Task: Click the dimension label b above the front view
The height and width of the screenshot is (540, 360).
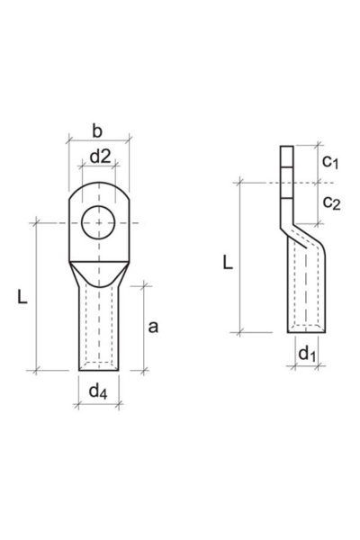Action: click(98, 131)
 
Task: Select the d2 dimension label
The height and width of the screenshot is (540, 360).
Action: click(100, 157)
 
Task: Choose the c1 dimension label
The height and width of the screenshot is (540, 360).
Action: click(330, 163)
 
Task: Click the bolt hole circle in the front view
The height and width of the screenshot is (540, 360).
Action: click(98, 220)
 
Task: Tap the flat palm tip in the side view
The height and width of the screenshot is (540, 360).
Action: click(287, 171)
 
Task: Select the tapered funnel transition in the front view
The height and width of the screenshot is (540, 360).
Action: click(98, 268)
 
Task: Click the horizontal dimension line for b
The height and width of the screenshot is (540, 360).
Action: click(98, 142)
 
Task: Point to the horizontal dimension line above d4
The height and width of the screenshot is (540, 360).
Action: click(98, 404)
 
